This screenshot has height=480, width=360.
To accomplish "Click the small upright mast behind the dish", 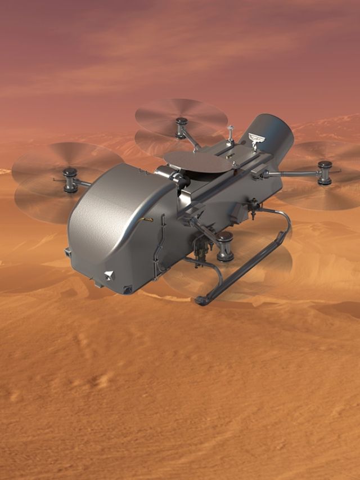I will click(x=230, y=133).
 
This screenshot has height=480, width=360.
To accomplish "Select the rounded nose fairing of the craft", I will click(x=112, y=225).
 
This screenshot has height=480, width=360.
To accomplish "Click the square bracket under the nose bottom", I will click(x=127, y=289).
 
